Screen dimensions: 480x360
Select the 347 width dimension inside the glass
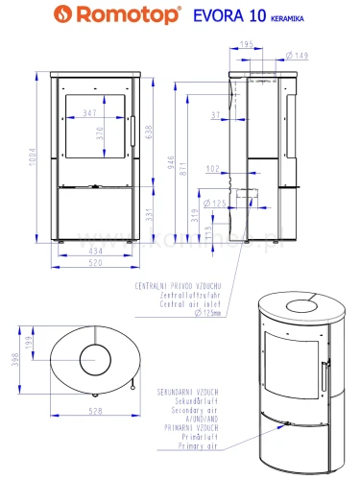point(90,114)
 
